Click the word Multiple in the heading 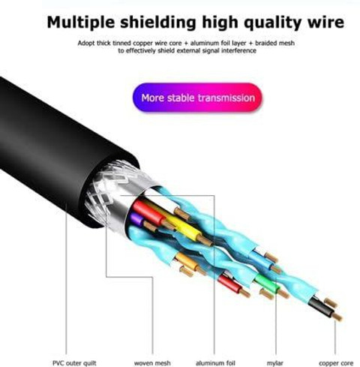(x=81, y=23)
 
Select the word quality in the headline (x=268, y=23)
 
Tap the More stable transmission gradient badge (x=197, y=98)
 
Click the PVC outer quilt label (x=74, y=362)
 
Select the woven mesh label (x=152, y=362)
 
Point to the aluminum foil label (x=215, y=362)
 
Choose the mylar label (x=274, y=363)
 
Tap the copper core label (x=336, y=363)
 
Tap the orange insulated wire (x=187, y=261)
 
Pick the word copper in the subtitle (x=142, y=43)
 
